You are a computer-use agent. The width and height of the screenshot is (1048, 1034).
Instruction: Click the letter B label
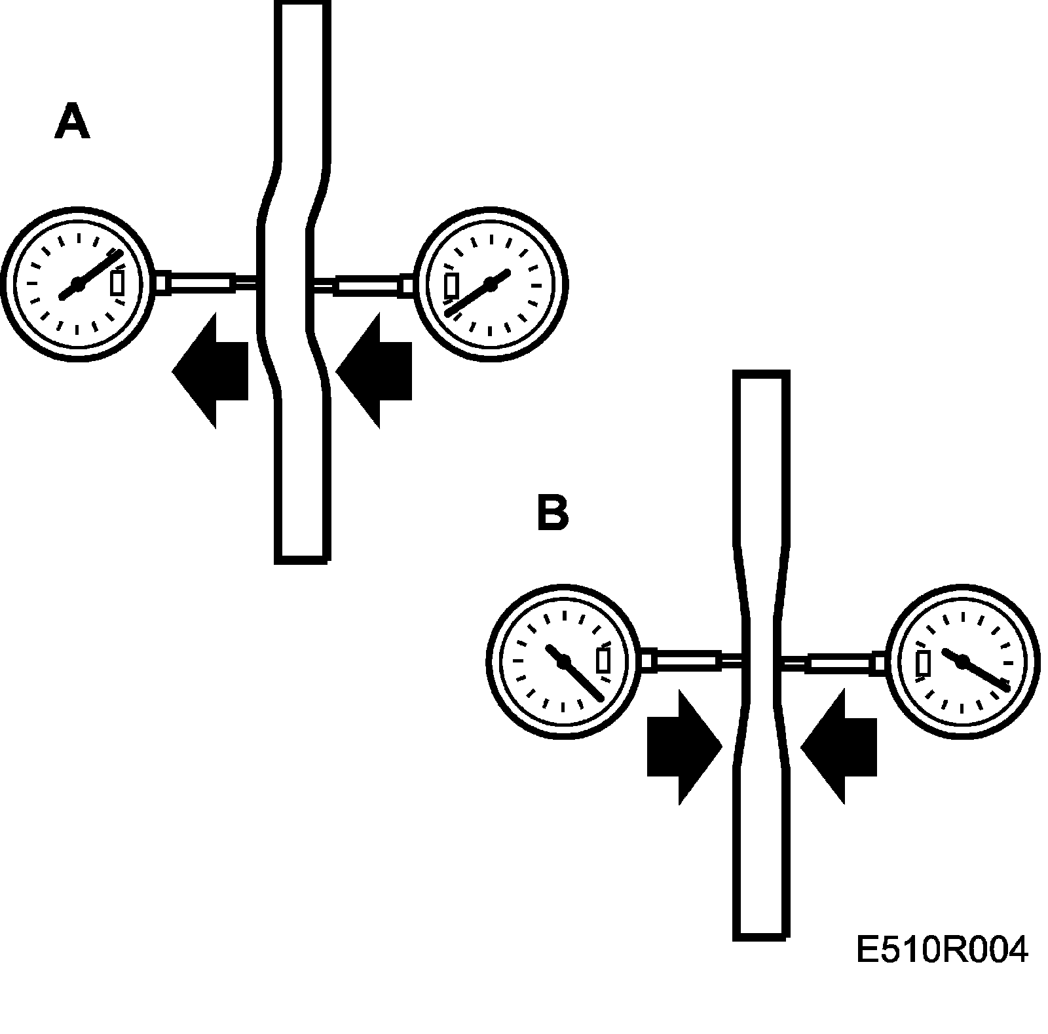tap(552, 512)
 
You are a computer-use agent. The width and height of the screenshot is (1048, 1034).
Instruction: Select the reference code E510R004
tap(941, 950)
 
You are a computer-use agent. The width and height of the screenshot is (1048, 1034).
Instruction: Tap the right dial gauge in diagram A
tap(491, 284)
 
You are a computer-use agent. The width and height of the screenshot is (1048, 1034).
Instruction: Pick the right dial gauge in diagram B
tap(962, 662)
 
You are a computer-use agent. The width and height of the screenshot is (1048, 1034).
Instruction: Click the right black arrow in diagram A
tap(374, 370)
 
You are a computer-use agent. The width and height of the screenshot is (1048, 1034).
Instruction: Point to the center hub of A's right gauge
tap(490, 283)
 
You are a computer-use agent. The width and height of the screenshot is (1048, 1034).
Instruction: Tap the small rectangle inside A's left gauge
tap(117, 283)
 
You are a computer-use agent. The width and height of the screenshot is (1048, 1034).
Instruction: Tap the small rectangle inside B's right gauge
tap(924, 662)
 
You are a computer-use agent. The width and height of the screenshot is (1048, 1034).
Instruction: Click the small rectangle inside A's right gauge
tap(451, 286)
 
